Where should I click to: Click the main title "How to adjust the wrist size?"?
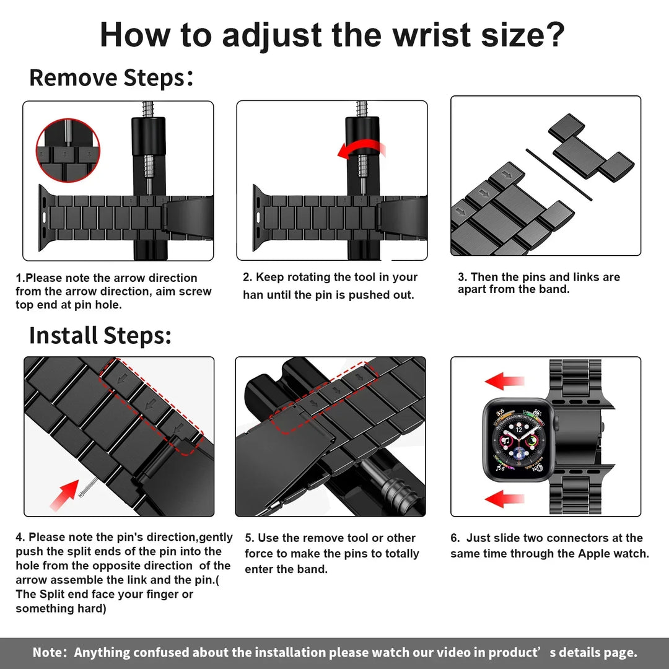tap(333, 35)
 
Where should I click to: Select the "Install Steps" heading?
tap(100, 335)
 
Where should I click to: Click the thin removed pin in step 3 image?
tap(559, 174)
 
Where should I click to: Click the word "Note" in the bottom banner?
tap(50, 652)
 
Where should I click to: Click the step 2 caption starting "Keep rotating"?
tap(330, 286)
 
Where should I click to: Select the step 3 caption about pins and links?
tap(539, 283)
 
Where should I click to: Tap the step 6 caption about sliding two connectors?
tap(549, 546)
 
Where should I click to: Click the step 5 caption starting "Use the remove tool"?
tap(331, 553)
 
